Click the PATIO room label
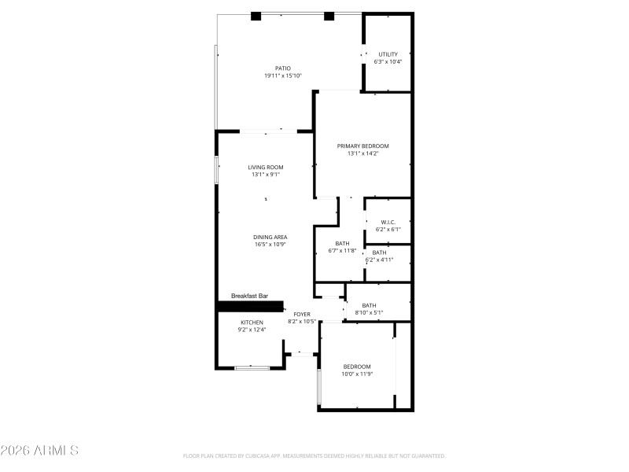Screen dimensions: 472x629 [x=282, y=68]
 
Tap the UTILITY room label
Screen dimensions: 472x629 [x=388, y=54]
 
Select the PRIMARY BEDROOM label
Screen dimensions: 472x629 [x=362, y=146]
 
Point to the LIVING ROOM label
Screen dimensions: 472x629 [x=266, y=168]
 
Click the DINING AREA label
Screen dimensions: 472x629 [x=270, y=238]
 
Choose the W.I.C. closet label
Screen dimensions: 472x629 [x=388, y=223]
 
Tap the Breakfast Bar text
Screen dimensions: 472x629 [x=249, y=296]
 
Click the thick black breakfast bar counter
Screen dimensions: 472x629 [x=250, y=307]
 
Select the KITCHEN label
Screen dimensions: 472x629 [x=252, y=323]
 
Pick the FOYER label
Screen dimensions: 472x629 [x=302, y=314]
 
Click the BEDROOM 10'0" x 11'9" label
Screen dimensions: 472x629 [x=357, y=367]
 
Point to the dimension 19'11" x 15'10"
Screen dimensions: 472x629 [x=283, y=76]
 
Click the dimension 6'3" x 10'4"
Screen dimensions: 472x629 [x=388, y=62]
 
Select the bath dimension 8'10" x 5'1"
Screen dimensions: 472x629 [x=369, y=313]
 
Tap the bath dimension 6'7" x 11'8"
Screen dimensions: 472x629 [x=342, y=251]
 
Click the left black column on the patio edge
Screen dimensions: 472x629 [x=256, y=16]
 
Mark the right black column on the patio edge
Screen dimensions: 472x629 [x=329, y=16]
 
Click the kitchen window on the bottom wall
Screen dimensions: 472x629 [x=252, y=367]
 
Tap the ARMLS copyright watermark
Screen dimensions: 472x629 [x=39, y=451]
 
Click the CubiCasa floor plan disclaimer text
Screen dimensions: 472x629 [x=314, y=455]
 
